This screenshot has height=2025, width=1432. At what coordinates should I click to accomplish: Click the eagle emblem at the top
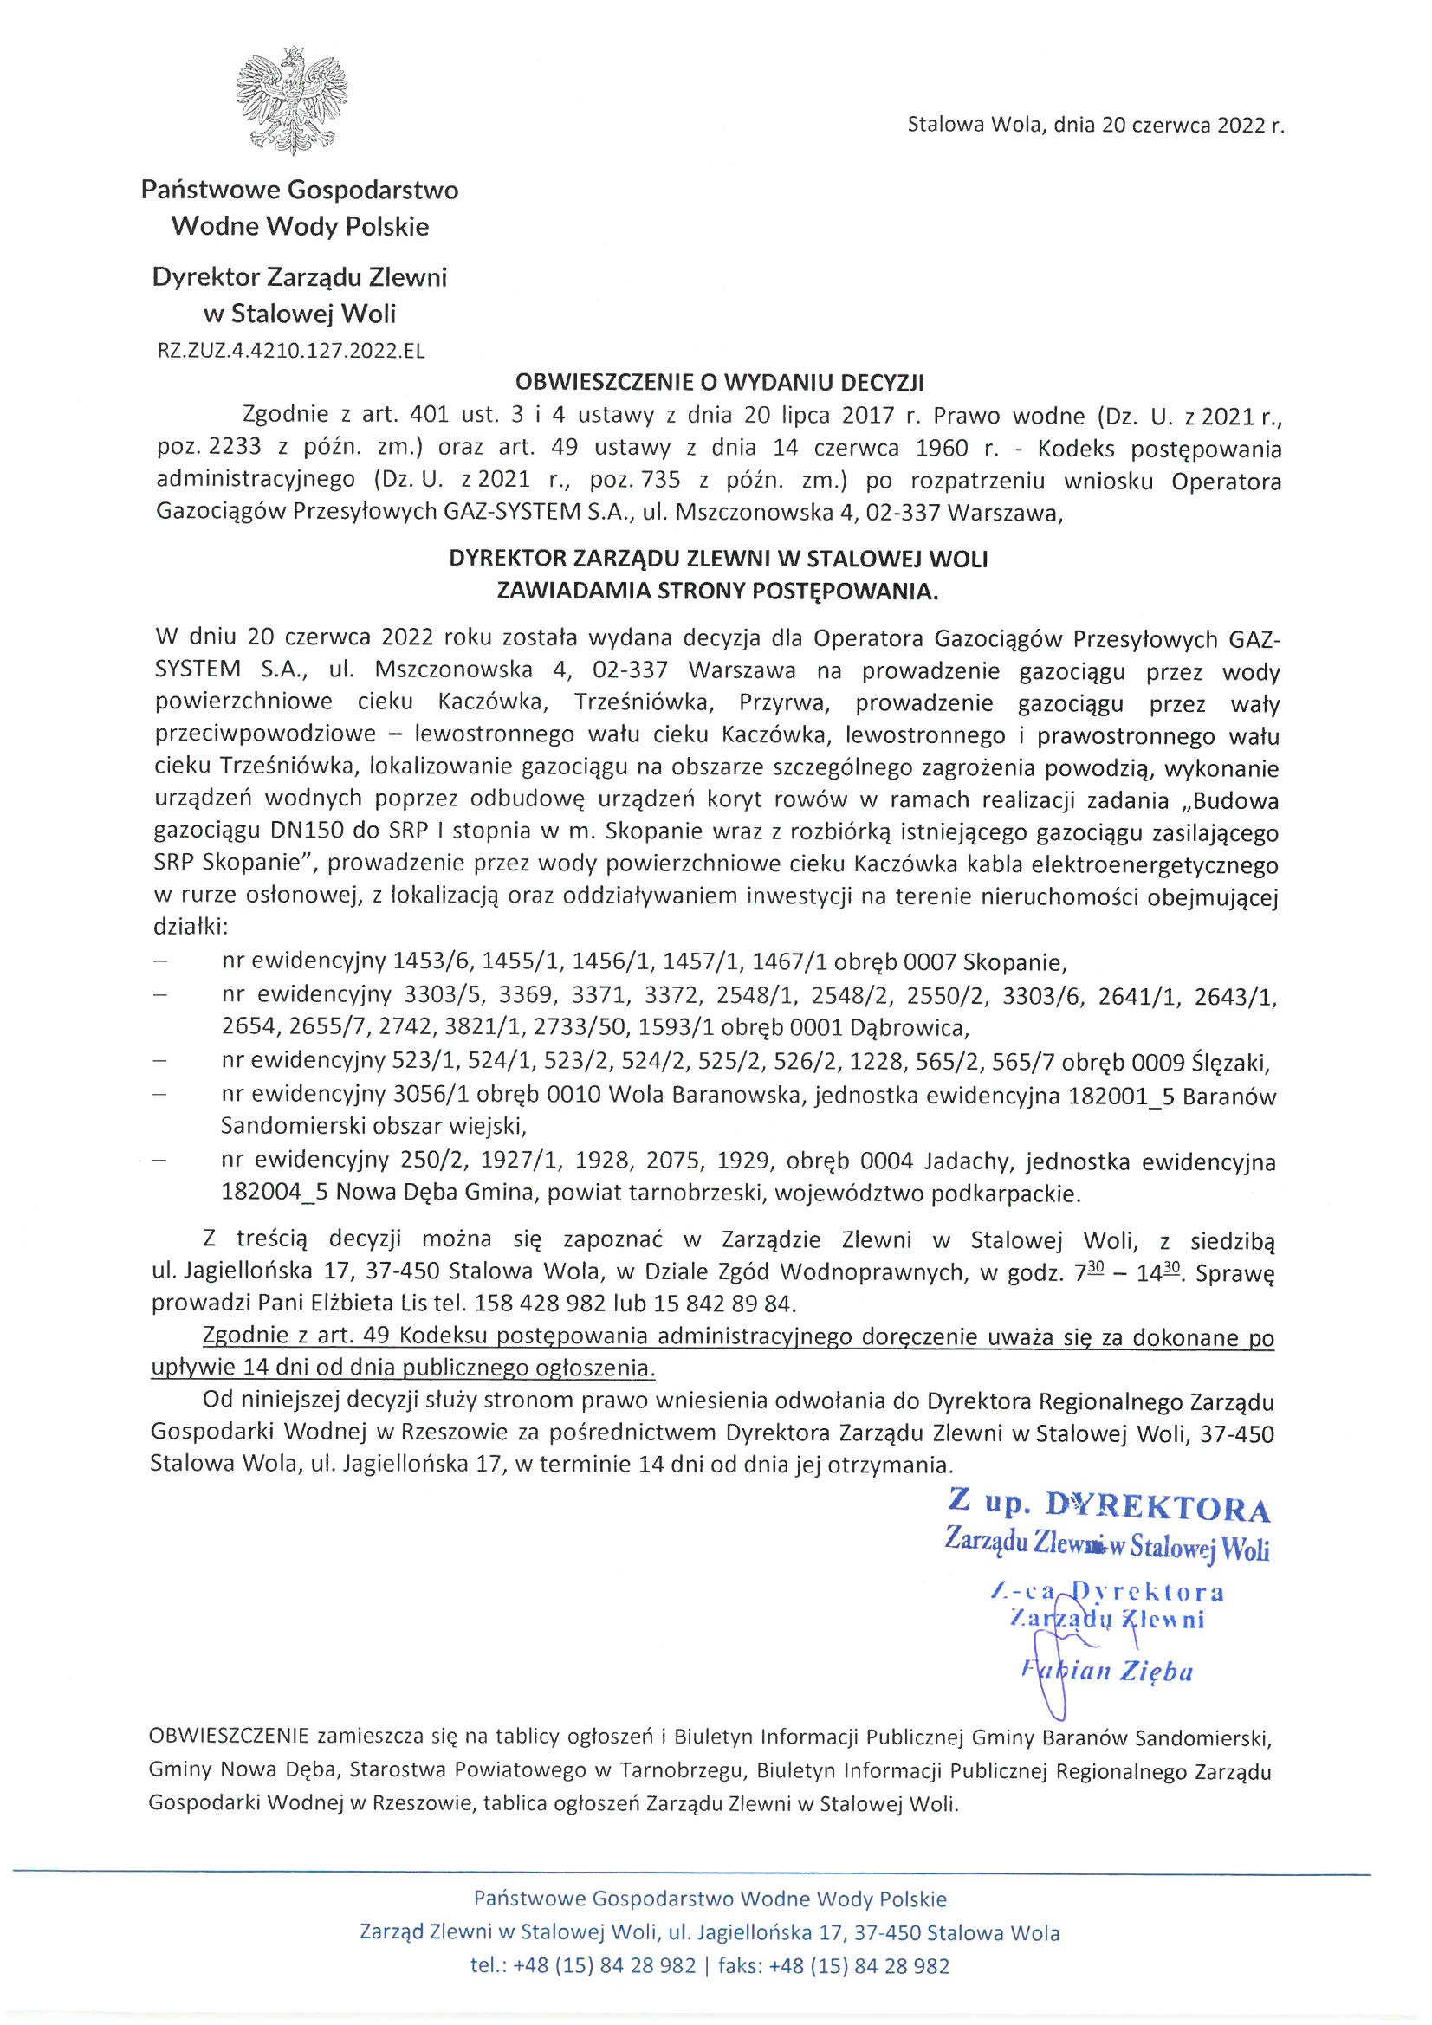(x=291, y=101)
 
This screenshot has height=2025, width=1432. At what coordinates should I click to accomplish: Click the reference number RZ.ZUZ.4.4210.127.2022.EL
(x=290, y=351)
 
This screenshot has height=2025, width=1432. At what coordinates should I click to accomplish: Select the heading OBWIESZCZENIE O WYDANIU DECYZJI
(x=719, y=382)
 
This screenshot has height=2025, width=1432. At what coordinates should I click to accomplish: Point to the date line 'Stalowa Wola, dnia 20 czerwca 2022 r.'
(x=1095, y=126)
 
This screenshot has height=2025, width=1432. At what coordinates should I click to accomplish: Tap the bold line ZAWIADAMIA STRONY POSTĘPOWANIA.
(x=717, y=591)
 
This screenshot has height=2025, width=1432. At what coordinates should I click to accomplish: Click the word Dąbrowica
(x=908, y=1027)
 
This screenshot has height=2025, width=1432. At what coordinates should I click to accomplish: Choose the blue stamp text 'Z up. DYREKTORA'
(x=1108, y=1505)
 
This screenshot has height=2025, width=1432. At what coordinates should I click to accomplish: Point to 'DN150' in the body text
(x=305, y=831)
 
